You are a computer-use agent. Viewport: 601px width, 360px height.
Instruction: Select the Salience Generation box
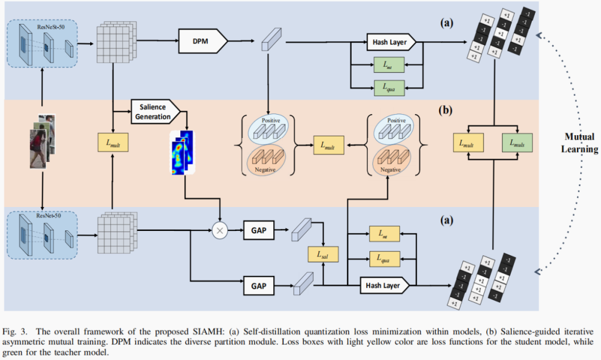pos(155,112)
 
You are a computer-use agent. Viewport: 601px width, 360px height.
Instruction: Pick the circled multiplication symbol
pos(221,229)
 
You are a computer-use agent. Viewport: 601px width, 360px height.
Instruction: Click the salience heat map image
pos(181,151)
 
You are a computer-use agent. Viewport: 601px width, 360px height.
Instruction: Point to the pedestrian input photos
pos(42,141)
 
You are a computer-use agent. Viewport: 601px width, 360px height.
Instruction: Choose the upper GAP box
pos(259,229)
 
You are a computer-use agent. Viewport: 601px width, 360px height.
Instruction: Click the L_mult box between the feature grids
pos(113,143)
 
